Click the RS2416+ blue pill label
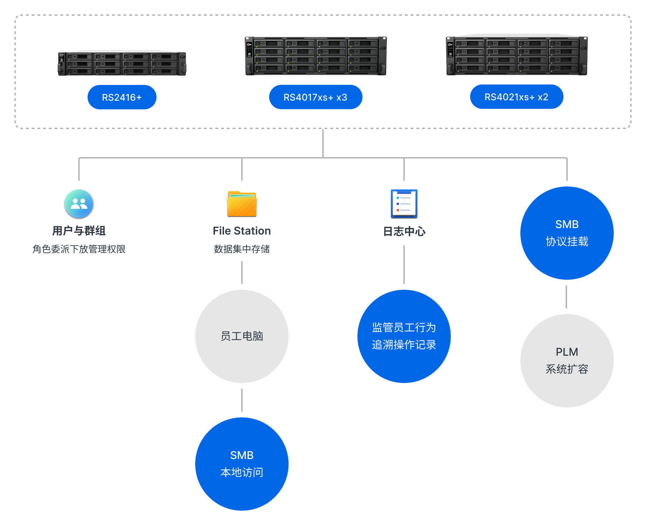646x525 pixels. pos(122,97)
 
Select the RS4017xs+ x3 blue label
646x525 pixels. pos(315,97)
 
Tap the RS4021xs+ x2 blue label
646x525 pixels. pos(516,97)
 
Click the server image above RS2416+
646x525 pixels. pos(122,63)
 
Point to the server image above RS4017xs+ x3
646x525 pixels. pos(315,56)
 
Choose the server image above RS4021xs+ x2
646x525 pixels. pos(516,56)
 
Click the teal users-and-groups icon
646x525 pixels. pos(79,204)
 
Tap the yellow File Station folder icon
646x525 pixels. pos(242,204)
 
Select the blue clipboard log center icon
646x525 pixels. pos(404,204)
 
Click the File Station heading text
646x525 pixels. pos(242,231)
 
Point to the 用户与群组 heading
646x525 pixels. pos(79,231)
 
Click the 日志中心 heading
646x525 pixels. pos(404,231)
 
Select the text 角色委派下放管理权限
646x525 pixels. pos(79,249)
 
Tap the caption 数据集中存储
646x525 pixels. pos(242,249)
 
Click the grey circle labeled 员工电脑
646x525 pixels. pos(242,336)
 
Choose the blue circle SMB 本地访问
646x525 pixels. pos(242,464)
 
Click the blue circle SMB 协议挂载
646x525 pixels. pos(567,233)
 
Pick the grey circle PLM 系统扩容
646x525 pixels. pos(567,360)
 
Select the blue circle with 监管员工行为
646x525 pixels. pos(404,336)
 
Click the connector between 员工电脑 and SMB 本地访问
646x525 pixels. pos(242,400)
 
